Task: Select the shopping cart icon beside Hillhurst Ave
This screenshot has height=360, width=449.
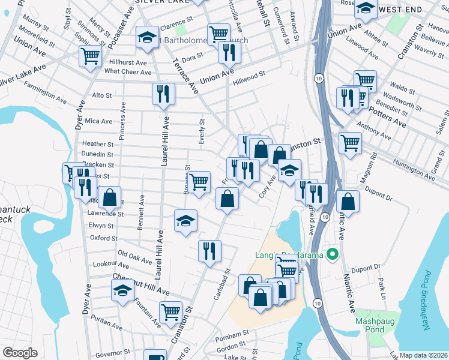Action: pos(91,57)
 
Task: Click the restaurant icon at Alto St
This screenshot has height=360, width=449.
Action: pos(163,94)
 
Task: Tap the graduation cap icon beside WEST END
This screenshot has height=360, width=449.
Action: pos(366,9)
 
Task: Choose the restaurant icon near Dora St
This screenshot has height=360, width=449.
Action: pos(229,54)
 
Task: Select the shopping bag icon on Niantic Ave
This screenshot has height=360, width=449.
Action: pos(348,202)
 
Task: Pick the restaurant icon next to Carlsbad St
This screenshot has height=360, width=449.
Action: pos(209,250)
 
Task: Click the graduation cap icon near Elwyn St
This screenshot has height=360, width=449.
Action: pos(185,220)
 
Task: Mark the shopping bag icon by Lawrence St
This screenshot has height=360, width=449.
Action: pos(110,197)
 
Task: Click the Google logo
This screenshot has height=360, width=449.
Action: pos(19,353)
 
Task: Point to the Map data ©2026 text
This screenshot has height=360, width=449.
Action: pos(423,355)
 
